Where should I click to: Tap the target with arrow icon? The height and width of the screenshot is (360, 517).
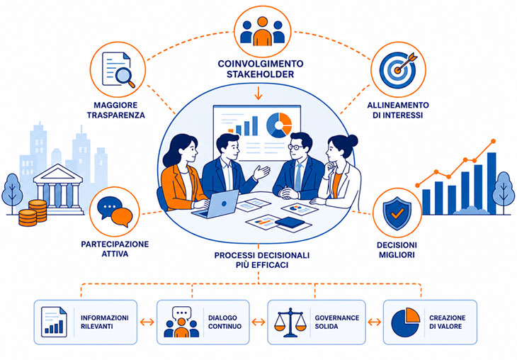point(399,69)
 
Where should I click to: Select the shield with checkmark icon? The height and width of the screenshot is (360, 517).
point(397,213)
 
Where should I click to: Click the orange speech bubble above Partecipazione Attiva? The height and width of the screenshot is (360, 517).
point(122,218)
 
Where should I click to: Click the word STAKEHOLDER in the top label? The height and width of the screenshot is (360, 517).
point(260,74)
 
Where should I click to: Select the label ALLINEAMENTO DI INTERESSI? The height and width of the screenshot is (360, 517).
point(398,111)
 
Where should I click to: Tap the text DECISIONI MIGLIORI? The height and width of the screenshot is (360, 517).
point(397,249)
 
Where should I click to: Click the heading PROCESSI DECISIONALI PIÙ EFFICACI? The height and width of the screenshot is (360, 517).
point(262,260)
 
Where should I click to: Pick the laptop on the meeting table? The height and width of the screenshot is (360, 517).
point(217,204)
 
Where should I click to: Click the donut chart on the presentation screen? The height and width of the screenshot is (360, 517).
point(279,125)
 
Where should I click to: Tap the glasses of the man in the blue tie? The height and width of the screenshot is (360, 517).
point(296,147)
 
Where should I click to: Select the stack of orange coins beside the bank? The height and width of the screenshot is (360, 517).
point(33,213)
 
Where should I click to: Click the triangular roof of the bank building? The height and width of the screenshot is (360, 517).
point(58,173)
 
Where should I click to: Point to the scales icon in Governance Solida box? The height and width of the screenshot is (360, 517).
point(290,322)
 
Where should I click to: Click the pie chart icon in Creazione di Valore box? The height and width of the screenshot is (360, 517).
point(405,322)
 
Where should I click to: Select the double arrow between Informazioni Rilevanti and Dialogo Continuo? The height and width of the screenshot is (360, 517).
point(147,322)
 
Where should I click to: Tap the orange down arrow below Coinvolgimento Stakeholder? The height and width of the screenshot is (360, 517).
point(258,92)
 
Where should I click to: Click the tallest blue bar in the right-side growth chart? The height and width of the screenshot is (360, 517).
point(492,184)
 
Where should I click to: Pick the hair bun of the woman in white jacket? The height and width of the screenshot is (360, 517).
point(352,141)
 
